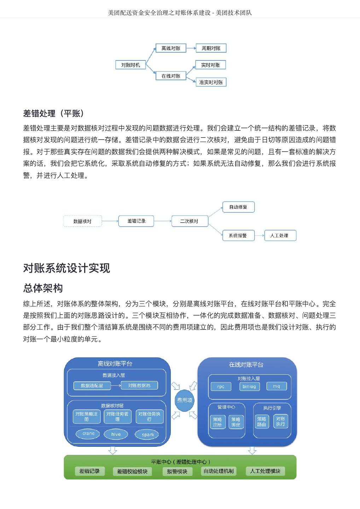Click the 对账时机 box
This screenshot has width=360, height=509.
[x=130, y=65]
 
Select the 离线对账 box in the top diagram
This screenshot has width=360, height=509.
[x=171, y=48]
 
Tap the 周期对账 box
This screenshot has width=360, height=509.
[x=211, y=48]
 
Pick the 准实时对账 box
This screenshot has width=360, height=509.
[x=211, y=82]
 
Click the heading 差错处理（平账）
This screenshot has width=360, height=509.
[x=54, y=113]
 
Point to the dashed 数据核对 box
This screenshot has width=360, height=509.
[x=82, y=221]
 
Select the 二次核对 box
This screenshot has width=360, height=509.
[x=189, y=221]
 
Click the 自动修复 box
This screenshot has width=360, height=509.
[x=238, y=207]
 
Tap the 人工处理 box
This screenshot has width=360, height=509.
[x=280, y=235]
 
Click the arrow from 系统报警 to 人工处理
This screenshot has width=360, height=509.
[x=260, y=235]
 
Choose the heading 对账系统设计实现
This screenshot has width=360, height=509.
[x=66, y=268]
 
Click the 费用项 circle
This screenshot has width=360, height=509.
[x=185, y=400]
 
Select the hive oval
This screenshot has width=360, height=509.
[x=116, y=434]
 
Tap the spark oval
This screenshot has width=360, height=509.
[x=148, y=435]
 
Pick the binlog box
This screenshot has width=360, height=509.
[x=249, y=387]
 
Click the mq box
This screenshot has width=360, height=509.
[x=277, y=386]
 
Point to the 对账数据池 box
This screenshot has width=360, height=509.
[x=139, y=386]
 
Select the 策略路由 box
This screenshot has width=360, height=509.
[x=262, y=422]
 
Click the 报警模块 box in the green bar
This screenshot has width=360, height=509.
[x=177, y=472]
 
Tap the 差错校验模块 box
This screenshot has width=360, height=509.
[x=132, y=472]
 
